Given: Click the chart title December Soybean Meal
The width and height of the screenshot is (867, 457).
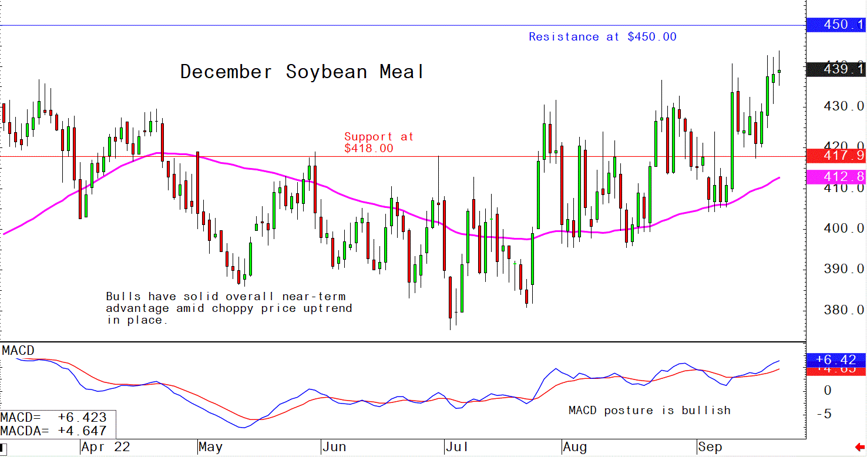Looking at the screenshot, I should tap(302, 72).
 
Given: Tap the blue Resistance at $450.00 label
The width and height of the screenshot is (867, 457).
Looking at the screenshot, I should tap(602, 37).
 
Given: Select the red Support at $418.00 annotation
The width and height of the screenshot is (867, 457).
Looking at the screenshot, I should tap(378, 142).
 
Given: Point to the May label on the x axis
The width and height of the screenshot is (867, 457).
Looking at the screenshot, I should tap(210, 448).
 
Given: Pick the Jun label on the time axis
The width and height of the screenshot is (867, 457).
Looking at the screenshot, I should tap(334, 448).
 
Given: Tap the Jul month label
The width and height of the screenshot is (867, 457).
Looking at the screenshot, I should tap(456, 448).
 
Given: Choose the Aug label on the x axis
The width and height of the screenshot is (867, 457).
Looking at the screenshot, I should tap(574, 448).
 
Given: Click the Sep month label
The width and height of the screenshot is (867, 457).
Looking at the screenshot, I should tap(710, 448).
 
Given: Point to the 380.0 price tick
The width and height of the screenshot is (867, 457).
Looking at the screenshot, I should tap(843, 310).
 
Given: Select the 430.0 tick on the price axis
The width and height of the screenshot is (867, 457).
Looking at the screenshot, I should tap(843, 106).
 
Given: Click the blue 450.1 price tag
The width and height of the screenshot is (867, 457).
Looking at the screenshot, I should tap(836, 25).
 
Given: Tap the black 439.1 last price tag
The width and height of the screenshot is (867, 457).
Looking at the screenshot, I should tap(836, 69).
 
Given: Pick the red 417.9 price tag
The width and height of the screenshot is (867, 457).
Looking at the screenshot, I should tap(836, 156).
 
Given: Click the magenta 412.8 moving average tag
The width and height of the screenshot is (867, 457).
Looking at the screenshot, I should tap(836, 176).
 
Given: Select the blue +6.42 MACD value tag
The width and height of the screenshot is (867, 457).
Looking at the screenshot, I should tap(836, 359).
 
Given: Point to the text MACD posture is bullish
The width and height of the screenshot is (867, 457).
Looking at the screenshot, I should tap(649, 410).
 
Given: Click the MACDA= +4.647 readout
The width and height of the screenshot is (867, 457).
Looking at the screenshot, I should tap(54, 430).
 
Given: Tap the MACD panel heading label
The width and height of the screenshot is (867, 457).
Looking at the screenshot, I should tap(18, 351).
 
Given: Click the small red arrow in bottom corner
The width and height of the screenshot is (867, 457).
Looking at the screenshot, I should tap(860, 448).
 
